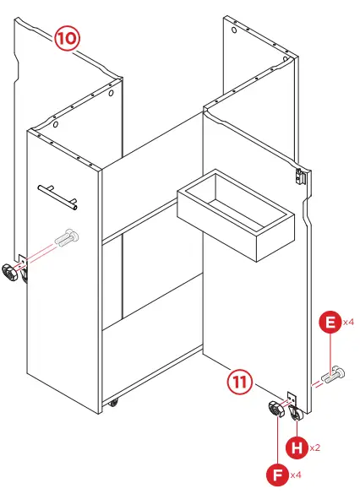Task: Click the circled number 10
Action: pos(68,38)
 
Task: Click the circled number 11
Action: pos(241,381)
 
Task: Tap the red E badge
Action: pos(330,323)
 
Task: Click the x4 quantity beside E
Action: pos(348,323)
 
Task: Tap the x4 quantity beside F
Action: pos(295,475)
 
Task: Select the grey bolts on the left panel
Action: pos(65,239)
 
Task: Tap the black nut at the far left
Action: pos(11,272)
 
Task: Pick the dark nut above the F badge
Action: pos(277,410)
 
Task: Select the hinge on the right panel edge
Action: pos(299,176)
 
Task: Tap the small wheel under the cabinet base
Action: pos(112,404)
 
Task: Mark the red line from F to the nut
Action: pos(276,439)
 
